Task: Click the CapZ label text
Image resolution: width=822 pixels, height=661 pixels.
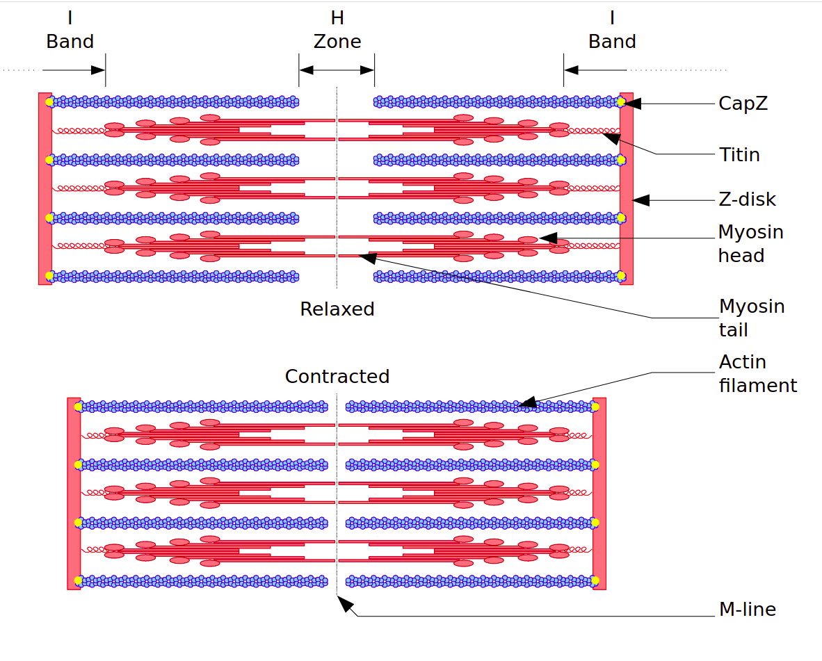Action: (x=743, y=104)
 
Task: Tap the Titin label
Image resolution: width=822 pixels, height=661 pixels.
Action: (x=739, y=154)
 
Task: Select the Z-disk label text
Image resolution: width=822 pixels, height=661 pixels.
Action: (x=747, y=200)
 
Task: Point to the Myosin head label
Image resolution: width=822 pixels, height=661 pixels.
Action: (x=750, y=244)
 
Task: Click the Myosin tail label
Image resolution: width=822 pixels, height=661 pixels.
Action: (x=751, y=318)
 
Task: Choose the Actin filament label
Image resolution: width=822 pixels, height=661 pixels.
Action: (x=757, y=373)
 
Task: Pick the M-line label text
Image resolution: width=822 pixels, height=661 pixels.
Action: (x=747, y=610)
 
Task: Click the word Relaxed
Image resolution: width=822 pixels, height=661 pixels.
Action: (x=337, y=309)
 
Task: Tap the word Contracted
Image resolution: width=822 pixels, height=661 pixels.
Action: (x=337, y=377)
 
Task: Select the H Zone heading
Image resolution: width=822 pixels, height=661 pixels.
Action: (x=337, y=30)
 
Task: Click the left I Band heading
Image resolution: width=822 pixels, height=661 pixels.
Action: (x=70, y=30)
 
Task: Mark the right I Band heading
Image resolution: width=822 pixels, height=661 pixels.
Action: (x=612, y=30)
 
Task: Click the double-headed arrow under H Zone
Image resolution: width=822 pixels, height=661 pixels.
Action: (x=337, y=70)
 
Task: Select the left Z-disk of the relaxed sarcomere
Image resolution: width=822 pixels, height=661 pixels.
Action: (x=45, y=188)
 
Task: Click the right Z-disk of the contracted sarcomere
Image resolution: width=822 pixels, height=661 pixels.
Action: (x=599, y=493)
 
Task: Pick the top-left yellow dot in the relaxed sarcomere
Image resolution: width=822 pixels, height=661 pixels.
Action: (x=49, y=102)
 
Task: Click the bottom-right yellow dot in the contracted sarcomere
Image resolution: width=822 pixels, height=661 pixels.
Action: (x=596, y=580)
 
